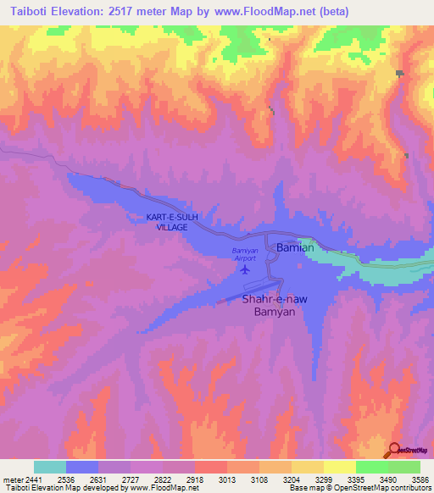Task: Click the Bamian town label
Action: click(x=295, y=247)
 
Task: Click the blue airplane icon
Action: click(x=246, y=270)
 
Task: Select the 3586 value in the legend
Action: click(x=420, y=479)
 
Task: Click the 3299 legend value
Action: click(x=324, y=479)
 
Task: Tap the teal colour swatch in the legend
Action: click(x=50, y=467)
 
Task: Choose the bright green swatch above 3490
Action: click(x=371, y=467)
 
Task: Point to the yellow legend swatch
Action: click(x=339, y=467)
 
